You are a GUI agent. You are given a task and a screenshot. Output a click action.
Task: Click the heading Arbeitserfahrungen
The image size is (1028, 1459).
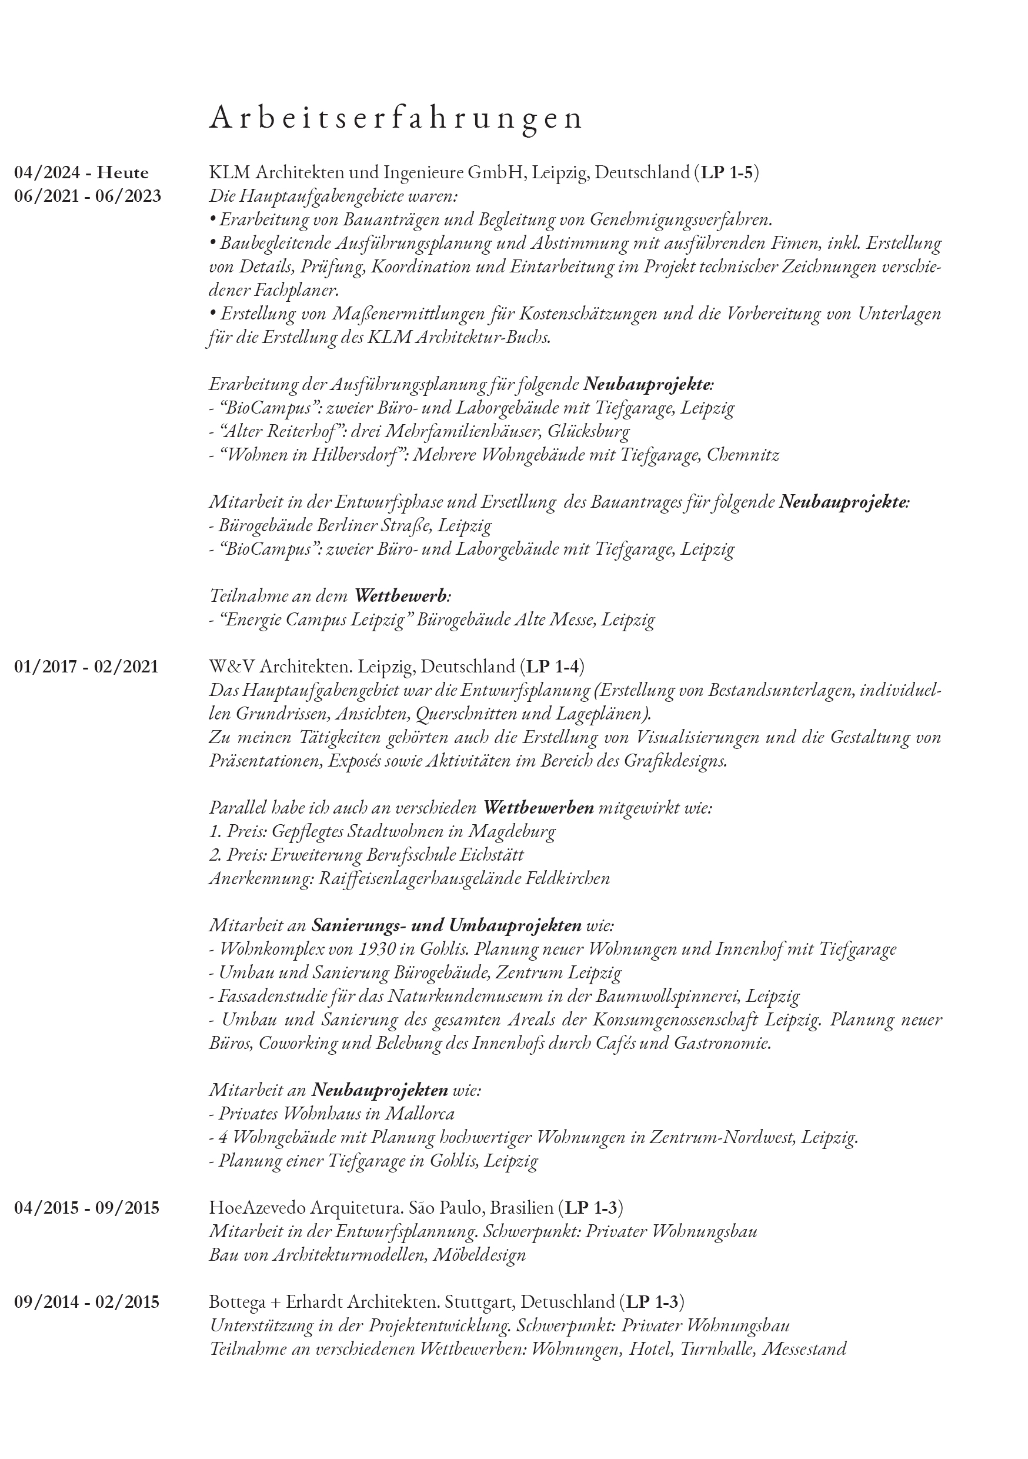395,118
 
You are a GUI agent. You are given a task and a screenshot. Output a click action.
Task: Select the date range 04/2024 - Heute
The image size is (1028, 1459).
82,173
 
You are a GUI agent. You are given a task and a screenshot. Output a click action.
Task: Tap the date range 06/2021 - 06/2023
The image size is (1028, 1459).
88,196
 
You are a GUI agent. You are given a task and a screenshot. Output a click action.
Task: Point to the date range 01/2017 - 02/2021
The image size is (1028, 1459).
86,667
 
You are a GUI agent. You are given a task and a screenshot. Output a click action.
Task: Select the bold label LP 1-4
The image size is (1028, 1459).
552,667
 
